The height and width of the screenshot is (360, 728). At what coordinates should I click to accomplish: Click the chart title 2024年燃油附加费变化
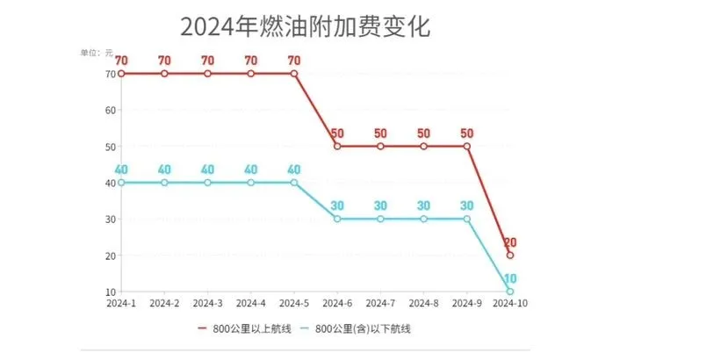coord(306,26)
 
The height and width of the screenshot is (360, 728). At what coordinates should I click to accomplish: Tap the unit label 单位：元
coord(97,53)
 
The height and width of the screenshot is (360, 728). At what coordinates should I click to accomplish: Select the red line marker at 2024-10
coord(510,256)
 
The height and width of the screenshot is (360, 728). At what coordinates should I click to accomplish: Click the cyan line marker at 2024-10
coord(510,292)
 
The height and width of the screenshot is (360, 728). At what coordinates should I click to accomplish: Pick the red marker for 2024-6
coord(337,147)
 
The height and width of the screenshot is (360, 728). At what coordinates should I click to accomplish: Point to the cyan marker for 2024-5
coord(294,183)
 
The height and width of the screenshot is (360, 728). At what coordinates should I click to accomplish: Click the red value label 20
coord(510,241)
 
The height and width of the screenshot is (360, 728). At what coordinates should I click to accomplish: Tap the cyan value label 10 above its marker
coord(510,277)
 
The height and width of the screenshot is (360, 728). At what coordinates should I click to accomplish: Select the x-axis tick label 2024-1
coord(121,303)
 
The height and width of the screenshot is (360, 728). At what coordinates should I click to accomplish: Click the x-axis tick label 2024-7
coord(380,303)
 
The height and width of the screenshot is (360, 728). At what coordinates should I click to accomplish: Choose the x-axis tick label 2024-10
coord(510,303)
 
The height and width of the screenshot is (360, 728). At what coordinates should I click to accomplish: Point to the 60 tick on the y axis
coord(110,111)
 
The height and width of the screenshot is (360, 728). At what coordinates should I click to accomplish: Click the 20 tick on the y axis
coord(110,256)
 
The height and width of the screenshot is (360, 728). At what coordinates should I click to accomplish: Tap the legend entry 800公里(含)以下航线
coord(357,329)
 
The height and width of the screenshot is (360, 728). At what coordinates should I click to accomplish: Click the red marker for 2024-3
coord(207,74)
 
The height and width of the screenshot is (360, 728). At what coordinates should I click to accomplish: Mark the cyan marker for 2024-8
coord(423,220)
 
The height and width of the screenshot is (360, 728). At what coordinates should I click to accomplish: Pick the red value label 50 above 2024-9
coord(466,133)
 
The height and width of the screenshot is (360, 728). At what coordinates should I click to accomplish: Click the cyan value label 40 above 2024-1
coord(121,169)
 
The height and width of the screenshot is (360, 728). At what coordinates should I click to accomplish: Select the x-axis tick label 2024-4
coord(250,303)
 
